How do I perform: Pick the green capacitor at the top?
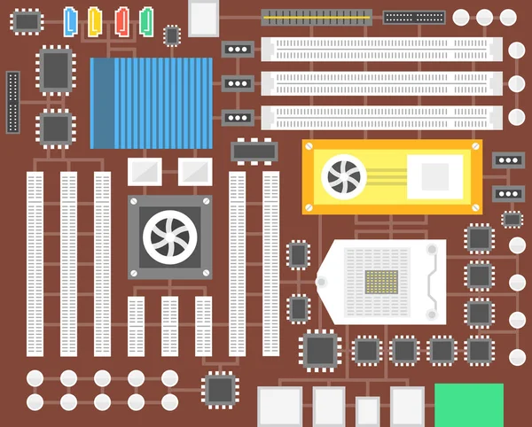pos(146,19)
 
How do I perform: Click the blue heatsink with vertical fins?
pos(152,103)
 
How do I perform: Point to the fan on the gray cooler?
pos(170,236)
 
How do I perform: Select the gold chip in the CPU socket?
pos(381,283)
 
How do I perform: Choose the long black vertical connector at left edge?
pos(12,102)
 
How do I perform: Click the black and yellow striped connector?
pos(317,17)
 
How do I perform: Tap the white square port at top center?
pos(203,17)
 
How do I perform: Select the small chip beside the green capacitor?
pos(172,35)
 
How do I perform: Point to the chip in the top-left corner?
pos(28,19)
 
